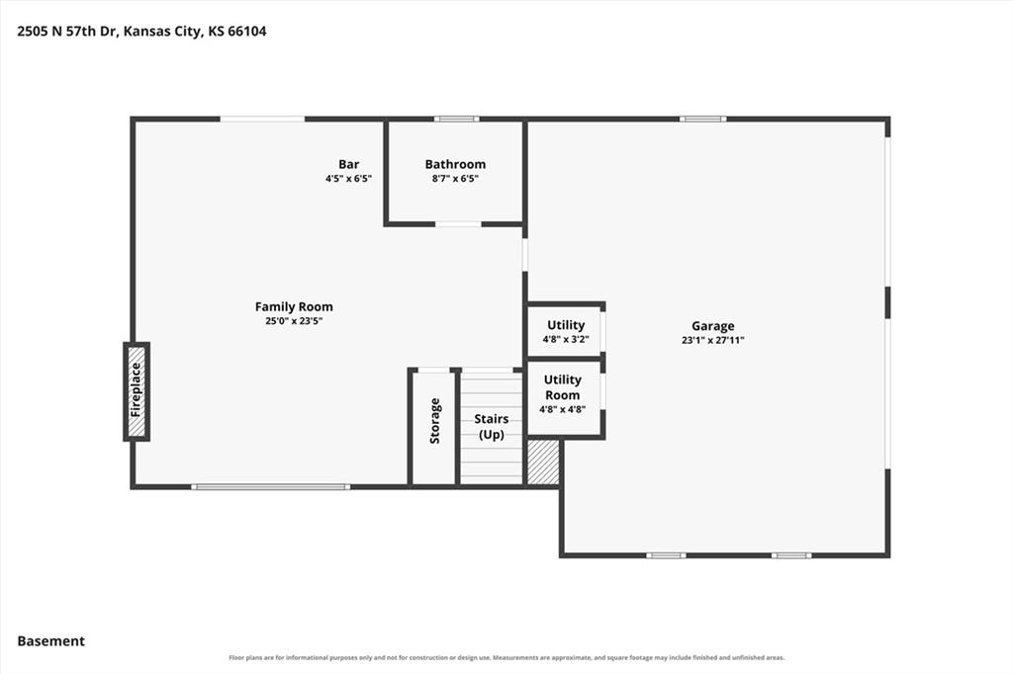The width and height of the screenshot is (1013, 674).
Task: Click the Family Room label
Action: tap(294, 306)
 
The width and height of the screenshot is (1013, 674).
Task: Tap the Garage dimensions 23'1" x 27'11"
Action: tap(712, 340)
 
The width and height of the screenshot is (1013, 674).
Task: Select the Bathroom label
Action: tap(455, 164)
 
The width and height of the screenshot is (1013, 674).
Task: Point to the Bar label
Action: tap(349, 164)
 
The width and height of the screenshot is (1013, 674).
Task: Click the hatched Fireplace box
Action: tap(137, 391)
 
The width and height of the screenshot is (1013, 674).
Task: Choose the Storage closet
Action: tap(434, 427)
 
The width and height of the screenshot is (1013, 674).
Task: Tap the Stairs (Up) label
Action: tap(492, 426)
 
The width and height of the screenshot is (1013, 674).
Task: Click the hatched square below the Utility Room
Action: tap(543, 463)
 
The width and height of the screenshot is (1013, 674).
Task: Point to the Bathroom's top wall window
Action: tap(457, 119)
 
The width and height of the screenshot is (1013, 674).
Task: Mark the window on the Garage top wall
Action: tap(703, 119)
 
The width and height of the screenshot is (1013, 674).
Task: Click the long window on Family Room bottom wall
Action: tap(271, 487)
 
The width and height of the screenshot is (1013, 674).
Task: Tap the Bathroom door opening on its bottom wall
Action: tap(458, 224)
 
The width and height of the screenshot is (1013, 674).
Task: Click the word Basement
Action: tap(51, 641)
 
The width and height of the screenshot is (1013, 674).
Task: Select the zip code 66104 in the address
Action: tap(247, 31)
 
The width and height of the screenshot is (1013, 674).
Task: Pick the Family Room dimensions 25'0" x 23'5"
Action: tap(294, 321)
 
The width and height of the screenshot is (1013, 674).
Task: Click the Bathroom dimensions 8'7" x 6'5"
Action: tap(455, 179)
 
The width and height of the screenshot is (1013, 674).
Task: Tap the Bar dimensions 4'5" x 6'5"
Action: tap(349, 179)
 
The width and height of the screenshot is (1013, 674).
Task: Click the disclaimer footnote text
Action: tap(506, 658)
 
